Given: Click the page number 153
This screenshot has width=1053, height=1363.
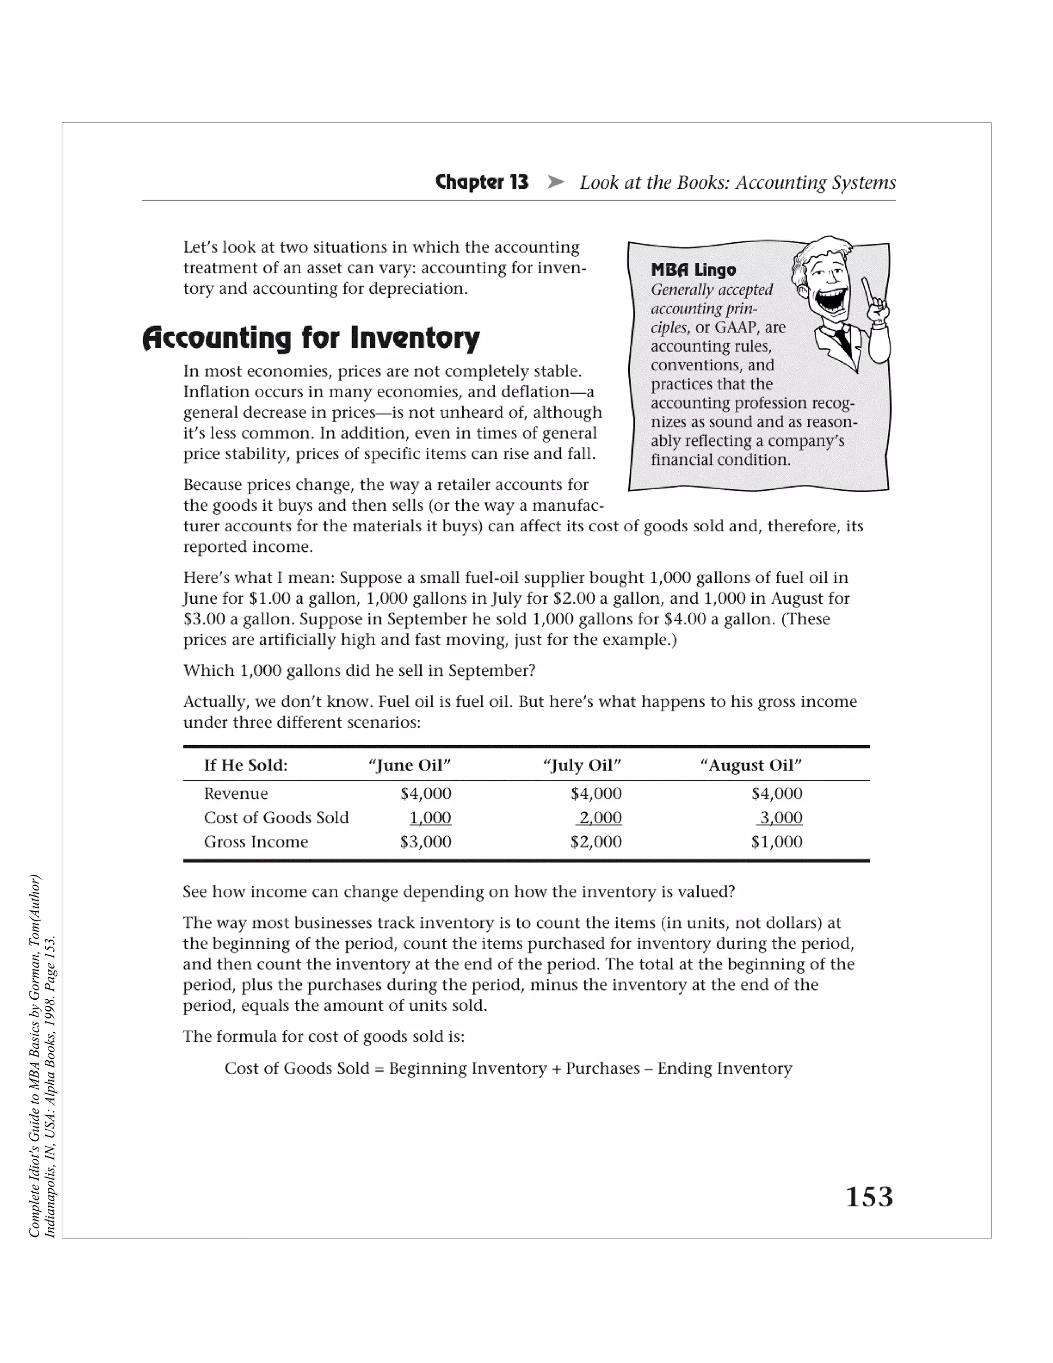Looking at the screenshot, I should pyautogui.click(x=869, y=1197).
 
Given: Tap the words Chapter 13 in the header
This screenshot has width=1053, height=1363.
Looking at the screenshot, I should pyautogui.click(x=482, y=182).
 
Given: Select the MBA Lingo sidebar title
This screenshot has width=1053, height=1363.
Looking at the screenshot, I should pyautogui.click(x=693, y=270).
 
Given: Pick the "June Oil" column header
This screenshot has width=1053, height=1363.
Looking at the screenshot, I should pyautogui.click(x=410, y=765).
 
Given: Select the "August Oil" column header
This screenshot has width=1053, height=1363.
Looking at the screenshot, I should pyautogui.click(x=751, y=765).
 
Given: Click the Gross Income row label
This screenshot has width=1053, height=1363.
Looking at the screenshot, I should pyautogui.click(x=256, y=842).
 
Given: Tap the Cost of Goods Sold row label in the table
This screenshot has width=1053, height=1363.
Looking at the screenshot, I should pyautogui.click(x=276, y=818).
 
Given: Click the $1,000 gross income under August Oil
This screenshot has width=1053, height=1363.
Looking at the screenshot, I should pyautogui.click(x=777, y=842).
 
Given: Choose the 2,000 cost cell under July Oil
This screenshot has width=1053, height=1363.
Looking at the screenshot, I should pyautogui.click(x=600, y=818).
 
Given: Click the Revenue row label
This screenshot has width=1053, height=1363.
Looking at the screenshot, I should pyautogui.click(x=236, y=794).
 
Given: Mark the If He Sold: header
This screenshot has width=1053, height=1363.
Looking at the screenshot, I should pyautogui.click(x=246, y=765).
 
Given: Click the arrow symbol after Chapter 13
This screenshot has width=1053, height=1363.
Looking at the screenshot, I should pyautogui.click(x=555, y=182).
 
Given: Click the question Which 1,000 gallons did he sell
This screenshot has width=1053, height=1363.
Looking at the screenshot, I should pyautogui.click(x=359, y=671).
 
